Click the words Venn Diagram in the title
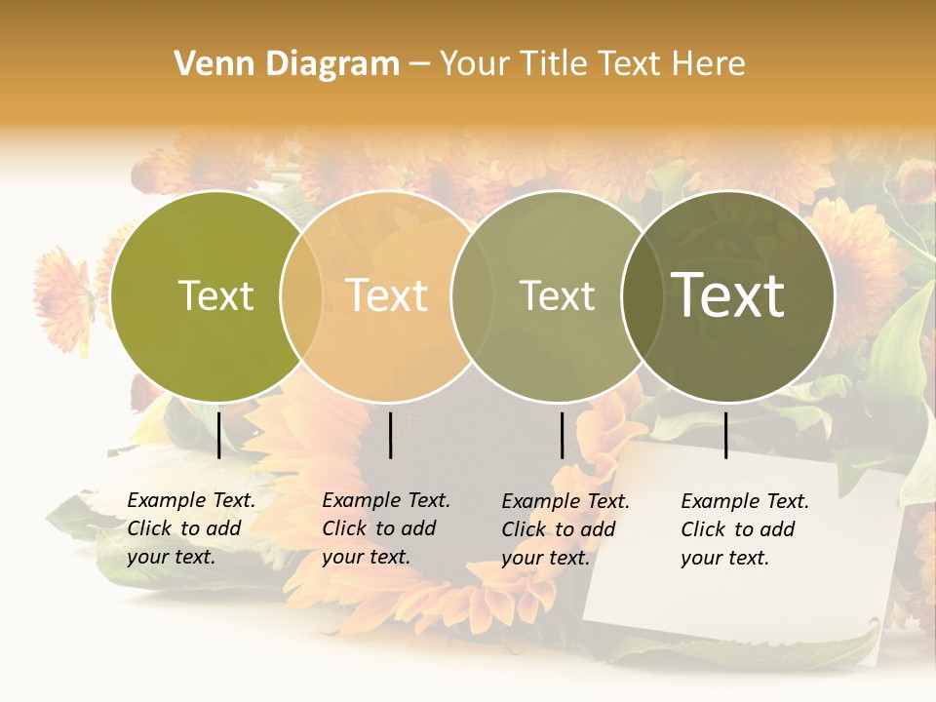point(287,64)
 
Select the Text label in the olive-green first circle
point(215,295)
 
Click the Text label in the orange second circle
point(387,295)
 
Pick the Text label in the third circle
point(557,295)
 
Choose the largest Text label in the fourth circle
point(728,295)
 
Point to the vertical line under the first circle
point(218,435)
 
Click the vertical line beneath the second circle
point(390,435)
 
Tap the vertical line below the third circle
point(563,435)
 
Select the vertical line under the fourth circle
point(726,435)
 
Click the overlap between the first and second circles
point(301,296)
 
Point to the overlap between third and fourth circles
point(642,296)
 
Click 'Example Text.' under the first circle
point(191,500)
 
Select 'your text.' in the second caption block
point(366,557)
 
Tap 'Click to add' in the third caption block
point(559,529)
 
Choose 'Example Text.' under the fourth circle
point(745,501)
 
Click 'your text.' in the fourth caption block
point(724,558)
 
